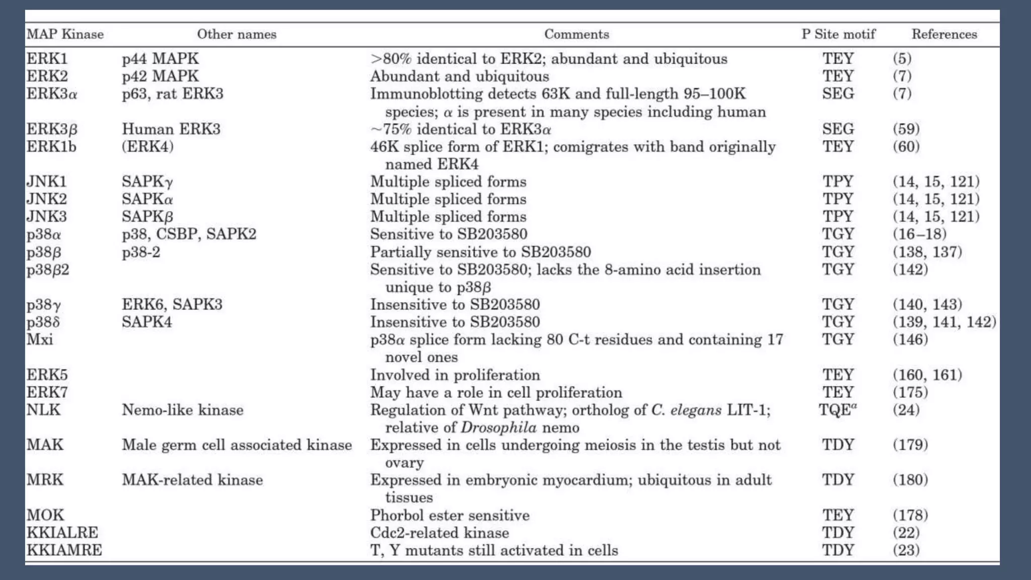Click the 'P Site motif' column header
tap(838, 34)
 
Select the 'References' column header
tap(944, 34)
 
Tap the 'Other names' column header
tap(237, 34)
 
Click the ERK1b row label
tap(51, 147)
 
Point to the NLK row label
tap(43, 410)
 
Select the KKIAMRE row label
tap(64, 550)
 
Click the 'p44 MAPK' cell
tap(160, 59)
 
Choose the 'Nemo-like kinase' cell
tap(182, 410)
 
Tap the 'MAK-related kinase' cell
tap(192, 480)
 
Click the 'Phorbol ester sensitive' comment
tap(450, 515)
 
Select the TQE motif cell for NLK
tap(837, 410)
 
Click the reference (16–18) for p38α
tap(919, 234)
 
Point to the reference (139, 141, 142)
tap(944, 322)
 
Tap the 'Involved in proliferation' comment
tap(455, 375)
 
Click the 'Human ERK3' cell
tap(171, 129)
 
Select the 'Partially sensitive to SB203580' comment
tap(480, 252)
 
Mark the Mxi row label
tap(39, 339)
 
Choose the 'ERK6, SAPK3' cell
tap(172, 305)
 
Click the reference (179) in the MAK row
tap(910, 445)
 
